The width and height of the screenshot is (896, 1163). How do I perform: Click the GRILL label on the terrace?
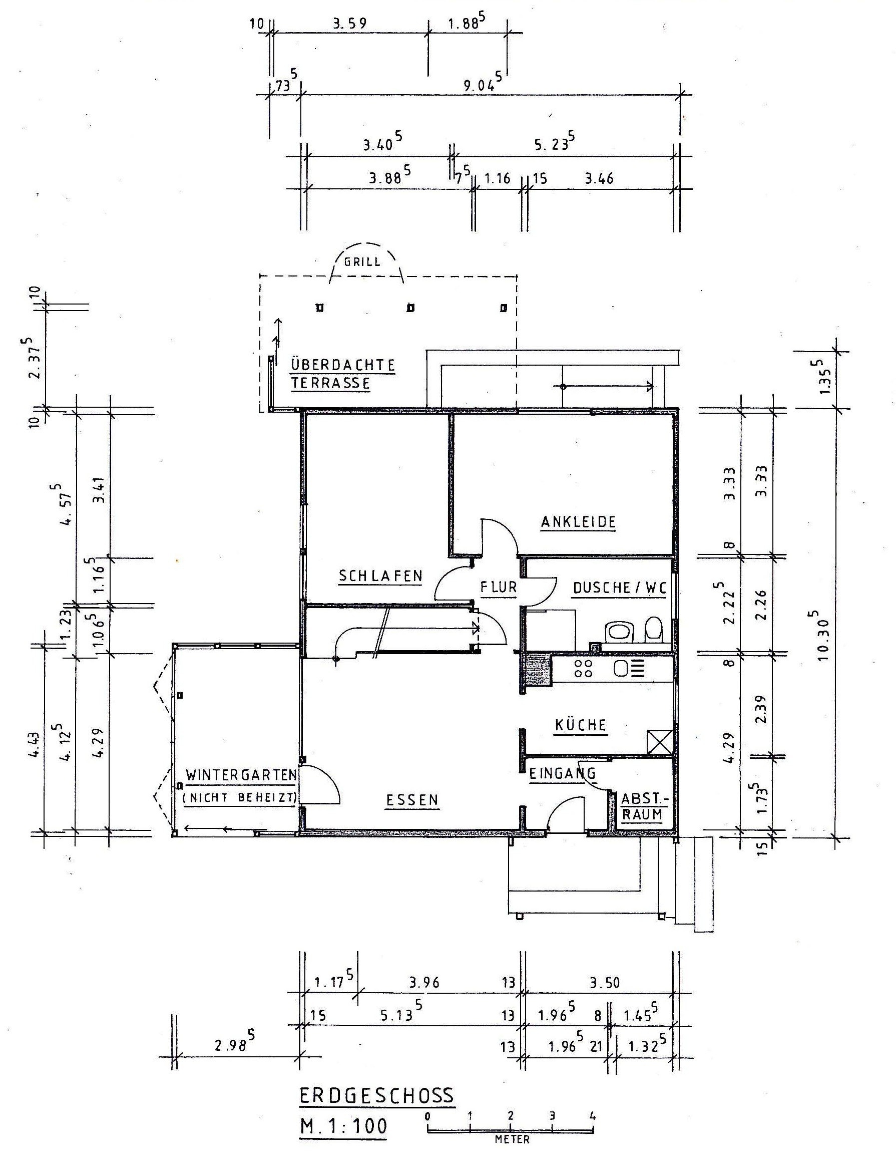[x=362, y=262]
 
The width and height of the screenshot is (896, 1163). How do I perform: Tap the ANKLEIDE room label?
[x=578, y=522]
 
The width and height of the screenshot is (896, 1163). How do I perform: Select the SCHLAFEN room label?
[x=380, y=575]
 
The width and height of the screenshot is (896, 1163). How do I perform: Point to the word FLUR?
[x=498, y=588]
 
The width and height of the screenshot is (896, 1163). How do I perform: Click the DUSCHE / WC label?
[x=619, y=588]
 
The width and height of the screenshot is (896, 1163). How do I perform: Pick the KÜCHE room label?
[x=580, y=725]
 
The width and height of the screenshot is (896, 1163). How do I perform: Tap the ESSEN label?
[x=412, y=800]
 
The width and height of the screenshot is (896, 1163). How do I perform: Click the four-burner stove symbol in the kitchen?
[x=584, y=668]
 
